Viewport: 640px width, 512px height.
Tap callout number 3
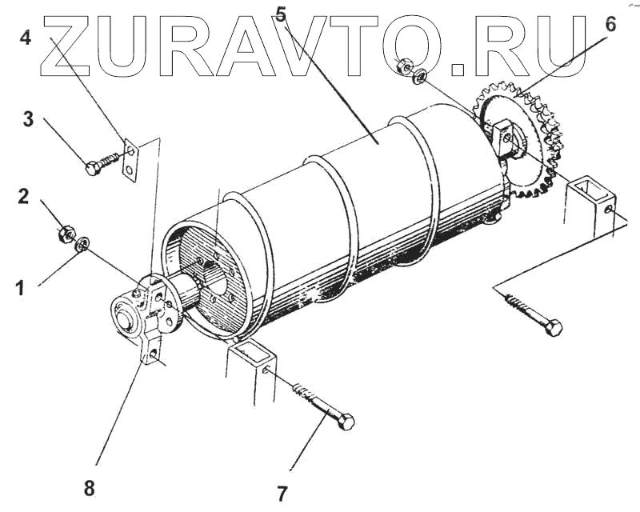(x=27, y=120)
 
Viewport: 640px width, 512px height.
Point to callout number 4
(x=26, y=37)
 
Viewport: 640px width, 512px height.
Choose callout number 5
(x=280, y=14)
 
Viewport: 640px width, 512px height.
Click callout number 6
(x=610, y=24)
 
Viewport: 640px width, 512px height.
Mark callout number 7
(x=282, y=493)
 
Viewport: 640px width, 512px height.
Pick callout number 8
(x=89, y=487)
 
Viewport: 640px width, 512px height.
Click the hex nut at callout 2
(x=66, y=234)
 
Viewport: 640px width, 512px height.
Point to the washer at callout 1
(x=82, y=243)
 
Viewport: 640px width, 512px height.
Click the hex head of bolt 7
(x=346, y=422)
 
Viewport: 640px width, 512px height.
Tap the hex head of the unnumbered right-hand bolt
(x=553, y=328)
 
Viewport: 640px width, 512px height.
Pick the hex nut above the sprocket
(x=405, y=65)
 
